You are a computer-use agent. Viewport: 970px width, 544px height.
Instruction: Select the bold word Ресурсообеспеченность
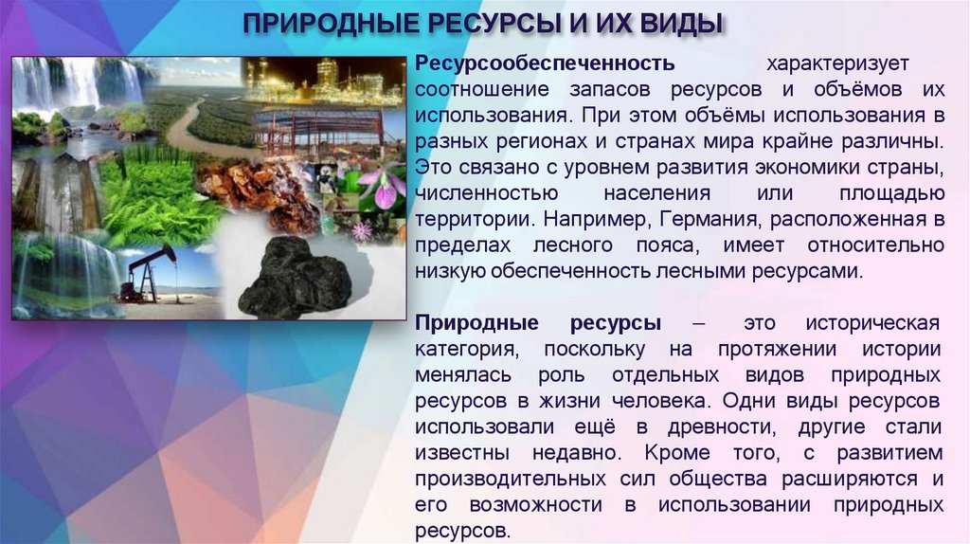pyautogui.click(x=545, y=63)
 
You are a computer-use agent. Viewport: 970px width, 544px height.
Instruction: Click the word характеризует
pyautogui.click(x=837, y=63)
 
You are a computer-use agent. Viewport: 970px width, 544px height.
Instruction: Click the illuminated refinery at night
pyautogui.click(x=322, y=81)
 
